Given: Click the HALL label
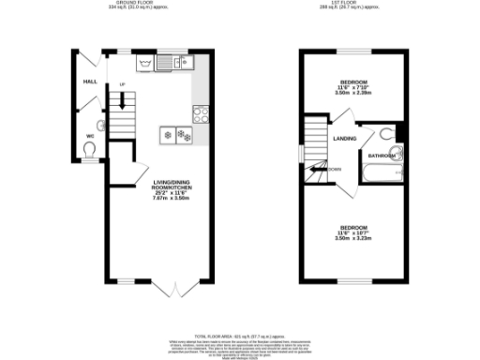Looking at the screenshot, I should tap(91, 82).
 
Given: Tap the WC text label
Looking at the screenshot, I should tap(91, 137).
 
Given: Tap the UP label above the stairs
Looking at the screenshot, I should tap(121, 85).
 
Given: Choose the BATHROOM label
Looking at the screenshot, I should tap(381, 156).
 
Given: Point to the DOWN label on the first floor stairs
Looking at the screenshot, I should tap(335, 170).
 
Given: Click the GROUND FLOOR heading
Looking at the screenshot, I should tap(132, 4).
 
